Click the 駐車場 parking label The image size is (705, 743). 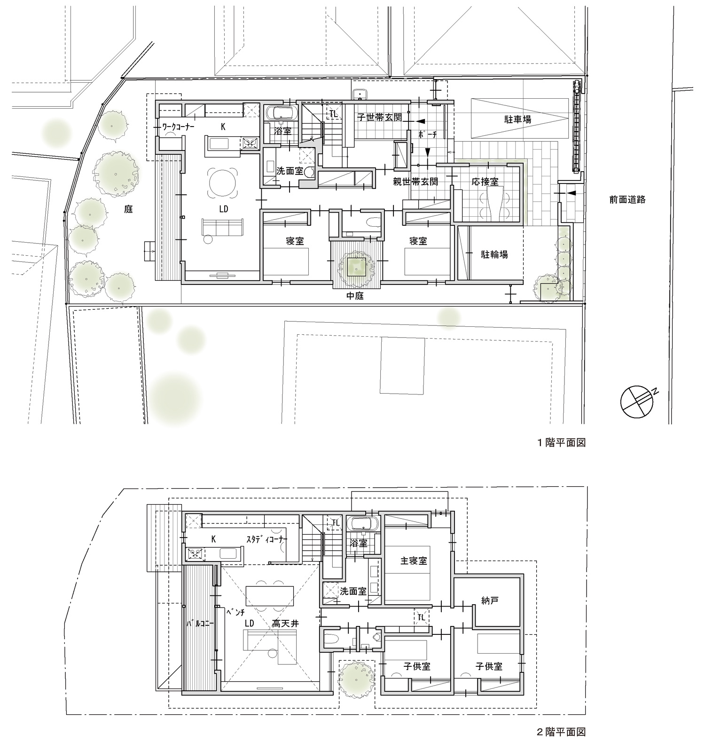pyautogui.click(x=518, y=119)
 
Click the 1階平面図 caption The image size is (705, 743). pyautogui.click(x=562, y=443)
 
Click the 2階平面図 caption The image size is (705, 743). pyautogui.click(x=562, y=732)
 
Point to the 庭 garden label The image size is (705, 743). pyautogui.click(x=128, y=210)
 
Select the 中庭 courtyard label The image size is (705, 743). pyautogui.click(x=356, y=296)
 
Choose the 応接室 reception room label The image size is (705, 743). pyautogui.click(x=486, y=182)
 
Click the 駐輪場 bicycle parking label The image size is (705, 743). pyautogui.click(x=494, y=254)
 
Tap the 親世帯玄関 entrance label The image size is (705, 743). pyautogui.click(x=415, y=181)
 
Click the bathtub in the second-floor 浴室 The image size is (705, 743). pyautogui.click(x=362, y=523)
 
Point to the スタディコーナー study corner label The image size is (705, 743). pyautogui.click(x=266, y=539)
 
